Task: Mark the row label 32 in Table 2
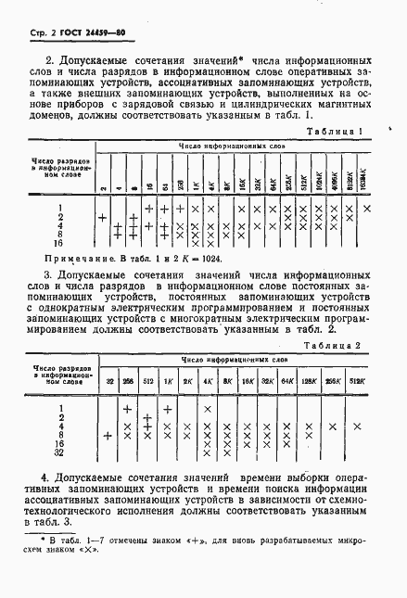tap(60, 453)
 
